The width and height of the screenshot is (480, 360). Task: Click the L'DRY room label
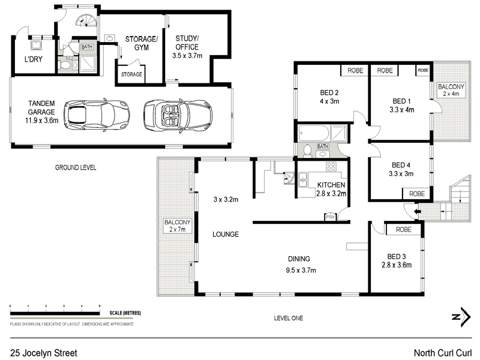click(x=33, y=59)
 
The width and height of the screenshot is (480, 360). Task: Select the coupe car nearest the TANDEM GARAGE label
click(x=97, y=113)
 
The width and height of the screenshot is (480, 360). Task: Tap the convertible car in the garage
click(x=178, y=112)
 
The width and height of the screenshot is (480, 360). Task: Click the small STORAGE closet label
click(x=131, y=75)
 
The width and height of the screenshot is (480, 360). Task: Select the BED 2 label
click(x=329, y=92)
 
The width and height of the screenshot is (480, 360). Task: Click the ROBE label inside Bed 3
click(x=403, y=229)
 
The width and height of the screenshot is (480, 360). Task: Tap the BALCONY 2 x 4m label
click(x=449, y=89)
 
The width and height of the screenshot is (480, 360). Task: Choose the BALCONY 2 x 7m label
click(x=177, y=226)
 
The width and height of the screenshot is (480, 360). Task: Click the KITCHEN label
click(x=331, y=185)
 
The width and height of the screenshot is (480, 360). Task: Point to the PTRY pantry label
click(x=329, y=217)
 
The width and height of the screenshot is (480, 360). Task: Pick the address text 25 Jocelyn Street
click(x=44, y=353)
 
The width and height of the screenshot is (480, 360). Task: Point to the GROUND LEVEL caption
click(x=75, y=167)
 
